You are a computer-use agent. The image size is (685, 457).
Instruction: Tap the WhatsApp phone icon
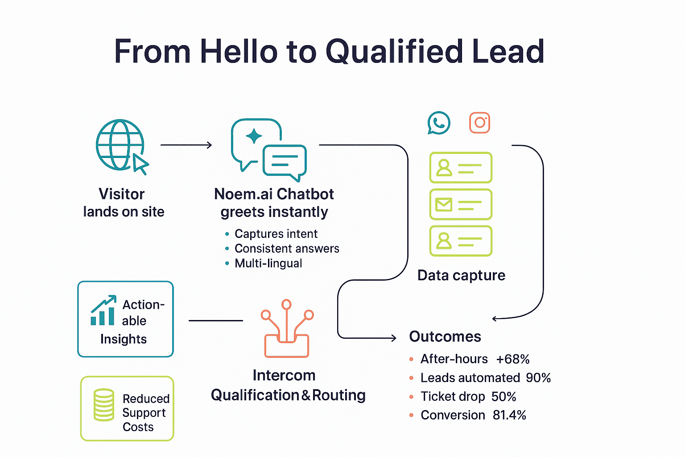point(439,123)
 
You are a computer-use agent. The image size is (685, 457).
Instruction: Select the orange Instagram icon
point(480,123)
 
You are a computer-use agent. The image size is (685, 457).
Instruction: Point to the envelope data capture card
point(461,204)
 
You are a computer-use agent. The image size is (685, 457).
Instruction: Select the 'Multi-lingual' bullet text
point(268,263)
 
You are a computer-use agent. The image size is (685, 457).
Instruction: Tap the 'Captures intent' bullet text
point(276,234)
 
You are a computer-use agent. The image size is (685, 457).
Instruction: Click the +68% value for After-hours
point(513,359)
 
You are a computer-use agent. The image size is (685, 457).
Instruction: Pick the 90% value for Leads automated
point(538,378)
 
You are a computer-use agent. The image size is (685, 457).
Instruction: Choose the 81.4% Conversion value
point(509,415)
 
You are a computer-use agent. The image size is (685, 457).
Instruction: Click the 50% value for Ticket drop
point(504,397)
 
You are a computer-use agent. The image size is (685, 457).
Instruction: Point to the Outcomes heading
point(445,337)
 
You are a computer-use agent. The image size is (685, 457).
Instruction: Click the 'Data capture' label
point(461,275)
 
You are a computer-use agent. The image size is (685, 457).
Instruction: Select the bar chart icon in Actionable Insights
point(103,311)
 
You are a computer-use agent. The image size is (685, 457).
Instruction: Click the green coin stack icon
point(104,405)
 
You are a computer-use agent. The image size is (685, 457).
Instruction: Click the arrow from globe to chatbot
point(186,145)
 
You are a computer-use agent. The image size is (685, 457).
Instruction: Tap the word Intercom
point(284,375)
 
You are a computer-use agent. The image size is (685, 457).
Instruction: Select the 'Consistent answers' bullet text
point(287,249)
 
